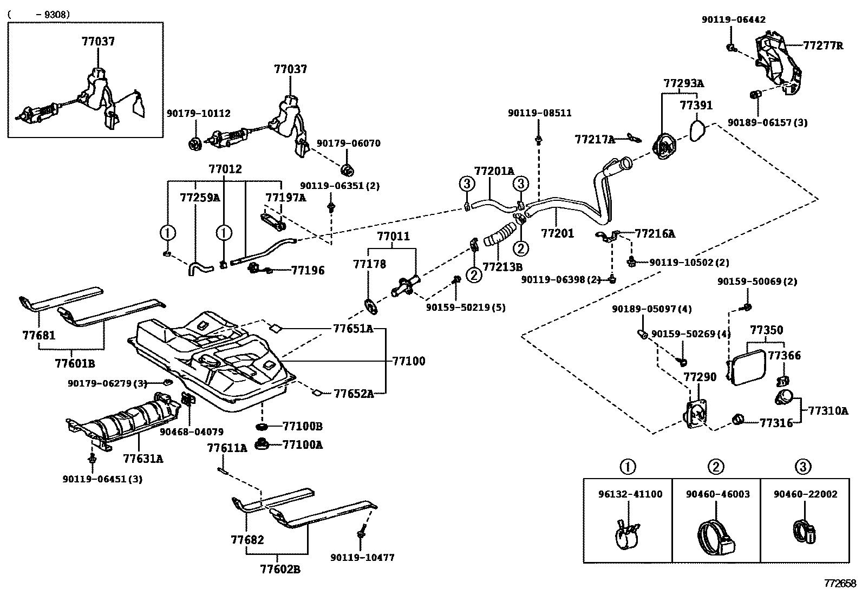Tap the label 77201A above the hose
pos(494,171)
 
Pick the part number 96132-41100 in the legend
pos(630,494)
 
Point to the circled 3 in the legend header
pos(804,467)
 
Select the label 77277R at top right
pos(822,45)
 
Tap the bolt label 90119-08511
pos(539,113)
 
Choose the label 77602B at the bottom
pos(280,569)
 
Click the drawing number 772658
pos(840,584)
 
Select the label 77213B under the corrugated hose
pos(502,267)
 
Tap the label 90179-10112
pos(198,113)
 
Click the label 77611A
pos(227,448)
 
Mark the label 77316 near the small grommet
pos(776,423)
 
